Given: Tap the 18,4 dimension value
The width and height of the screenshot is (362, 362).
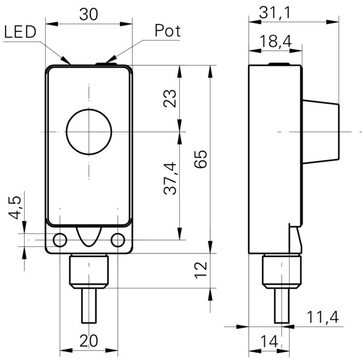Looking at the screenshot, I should (277, 41).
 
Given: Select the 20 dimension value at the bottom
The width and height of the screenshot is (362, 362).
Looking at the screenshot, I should (89, 341).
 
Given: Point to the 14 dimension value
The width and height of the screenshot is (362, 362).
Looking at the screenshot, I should (269, 341).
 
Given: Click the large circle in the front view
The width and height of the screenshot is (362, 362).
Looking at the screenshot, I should (86, 132).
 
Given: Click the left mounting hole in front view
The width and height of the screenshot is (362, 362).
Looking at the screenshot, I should (60, 240).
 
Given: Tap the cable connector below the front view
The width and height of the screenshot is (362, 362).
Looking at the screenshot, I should (88, 271).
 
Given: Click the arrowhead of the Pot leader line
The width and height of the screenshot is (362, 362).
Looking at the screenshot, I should (109, 60).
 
